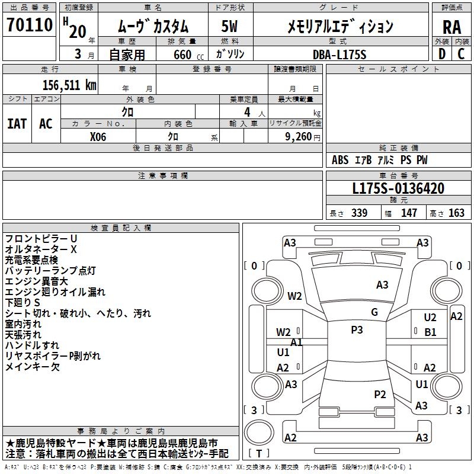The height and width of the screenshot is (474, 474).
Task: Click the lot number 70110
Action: [30, 25]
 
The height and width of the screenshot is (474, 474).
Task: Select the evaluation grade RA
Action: [451, 27]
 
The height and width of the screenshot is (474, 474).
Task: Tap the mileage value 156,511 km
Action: [69, 85]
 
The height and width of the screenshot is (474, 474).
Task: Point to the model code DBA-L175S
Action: [340, 54]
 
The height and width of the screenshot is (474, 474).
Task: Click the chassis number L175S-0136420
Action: [398, 188]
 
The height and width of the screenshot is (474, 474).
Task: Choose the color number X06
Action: [98, 136]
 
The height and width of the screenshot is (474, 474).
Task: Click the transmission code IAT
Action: [17, 123]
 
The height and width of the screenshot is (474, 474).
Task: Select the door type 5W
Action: [229, 26]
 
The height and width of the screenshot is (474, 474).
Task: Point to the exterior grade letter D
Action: [441, 54]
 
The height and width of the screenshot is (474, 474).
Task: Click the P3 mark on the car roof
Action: [357, 330]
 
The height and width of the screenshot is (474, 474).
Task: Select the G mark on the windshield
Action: [374, 312]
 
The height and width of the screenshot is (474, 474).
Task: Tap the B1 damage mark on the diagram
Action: [430, 332]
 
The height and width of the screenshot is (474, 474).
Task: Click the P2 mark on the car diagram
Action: [380, 394]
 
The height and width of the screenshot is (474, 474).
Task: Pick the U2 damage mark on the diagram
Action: [430, 318]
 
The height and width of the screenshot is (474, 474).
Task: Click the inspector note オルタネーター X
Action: [41, 249]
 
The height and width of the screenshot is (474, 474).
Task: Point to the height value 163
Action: [456, 213]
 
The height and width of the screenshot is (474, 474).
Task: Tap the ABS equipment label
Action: [340, 160]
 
